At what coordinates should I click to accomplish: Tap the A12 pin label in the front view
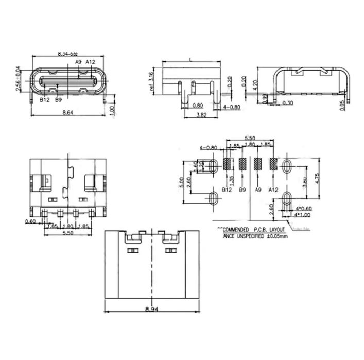click(x=91, y=62)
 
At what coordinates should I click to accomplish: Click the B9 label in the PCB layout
click(x=242, y=190)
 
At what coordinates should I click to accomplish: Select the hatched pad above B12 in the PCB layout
click(x=227, y=165)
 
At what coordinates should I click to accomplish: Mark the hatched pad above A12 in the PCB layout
click(x=273, y=165)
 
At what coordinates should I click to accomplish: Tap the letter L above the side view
click(x=192, y=60)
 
